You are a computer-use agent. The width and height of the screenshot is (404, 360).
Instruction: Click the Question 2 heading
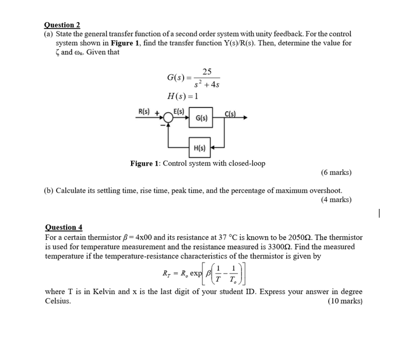[62, 25]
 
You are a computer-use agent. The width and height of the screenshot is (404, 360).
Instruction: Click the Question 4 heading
[64, 227]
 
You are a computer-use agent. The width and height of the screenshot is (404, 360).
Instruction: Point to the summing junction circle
[168, 118]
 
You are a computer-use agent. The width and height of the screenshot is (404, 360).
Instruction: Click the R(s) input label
[143, 111]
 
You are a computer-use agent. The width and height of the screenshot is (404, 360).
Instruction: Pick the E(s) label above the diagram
[178, 111]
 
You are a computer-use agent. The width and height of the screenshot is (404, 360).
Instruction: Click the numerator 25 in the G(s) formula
[206, 72]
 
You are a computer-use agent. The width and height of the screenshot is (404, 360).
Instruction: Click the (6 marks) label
[336, 173]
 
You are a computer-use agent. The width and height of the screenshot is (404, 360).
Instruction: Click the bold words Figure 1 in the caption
[145, 163]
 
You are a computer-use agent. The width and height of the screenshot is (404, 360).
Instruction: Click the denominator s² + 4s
[206, 85]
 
